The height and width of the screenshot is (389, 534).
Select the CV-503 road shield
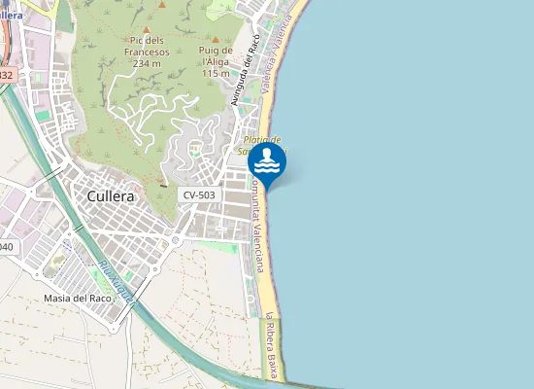(200, 195)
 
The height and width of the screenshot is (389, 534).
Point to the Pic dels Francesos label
(148, 46)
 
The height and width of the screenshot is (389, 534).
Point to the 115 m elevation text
(215, 73)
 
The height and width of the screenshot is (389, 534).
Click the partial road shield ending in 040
(6, 247)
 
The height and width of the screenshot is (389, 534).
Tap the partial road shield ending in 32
(7, 75)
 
